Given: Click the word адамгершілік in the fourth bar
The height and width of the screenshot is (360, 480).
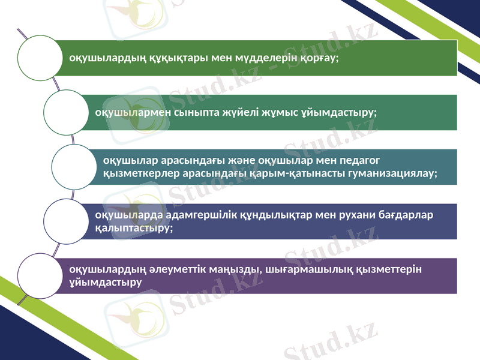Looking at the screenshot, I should point(173,215).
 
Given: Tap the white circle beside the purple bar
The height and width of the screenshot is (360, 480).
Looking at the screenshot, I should point(40,275).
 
